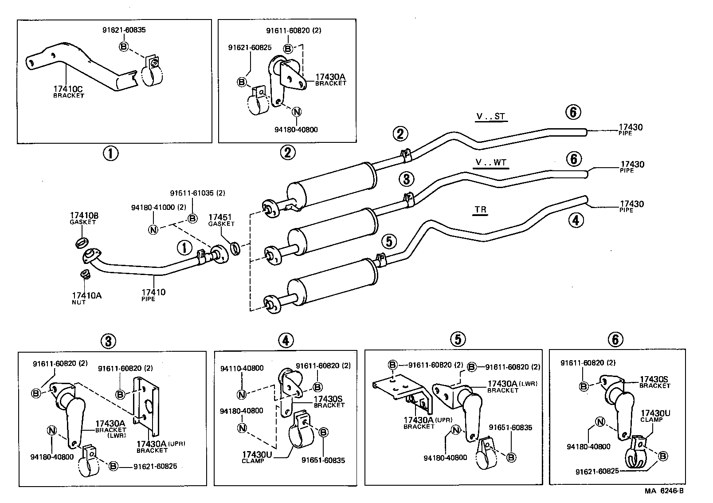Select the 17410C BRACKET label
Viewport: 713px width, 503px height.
(68, 91)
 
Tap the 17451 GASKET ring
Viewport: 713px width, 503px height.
(236, 248)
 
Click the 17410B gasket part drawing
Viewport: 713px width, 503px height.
(81, 243)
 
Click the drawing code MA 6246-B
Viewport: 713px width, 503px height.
(664, 491)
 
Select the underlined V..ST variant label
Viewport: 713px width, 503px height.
(490, 117)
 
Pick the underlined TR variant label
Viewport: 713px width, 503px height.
(481, 210)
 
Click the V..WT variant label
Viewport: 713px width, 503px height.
(491, 163)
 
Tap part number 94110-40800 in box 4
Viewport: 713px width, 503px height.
(242, 368)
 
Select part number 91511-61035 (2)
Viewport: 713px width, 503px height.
(197, 193)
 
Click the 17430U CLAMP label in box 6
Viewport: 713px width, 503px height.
(655, 416)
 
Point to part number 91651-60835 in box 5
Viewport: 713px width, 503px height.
(510, 428)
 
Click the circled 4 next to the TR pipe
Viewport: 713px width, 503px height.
(575, 220)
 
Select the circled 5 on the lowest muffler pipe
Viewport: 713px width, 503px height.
(389, 242)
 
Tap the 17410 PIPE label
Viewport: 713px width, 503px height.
(153, 295)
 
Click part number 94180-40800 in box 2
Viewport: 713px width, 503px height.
(296, 130)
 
